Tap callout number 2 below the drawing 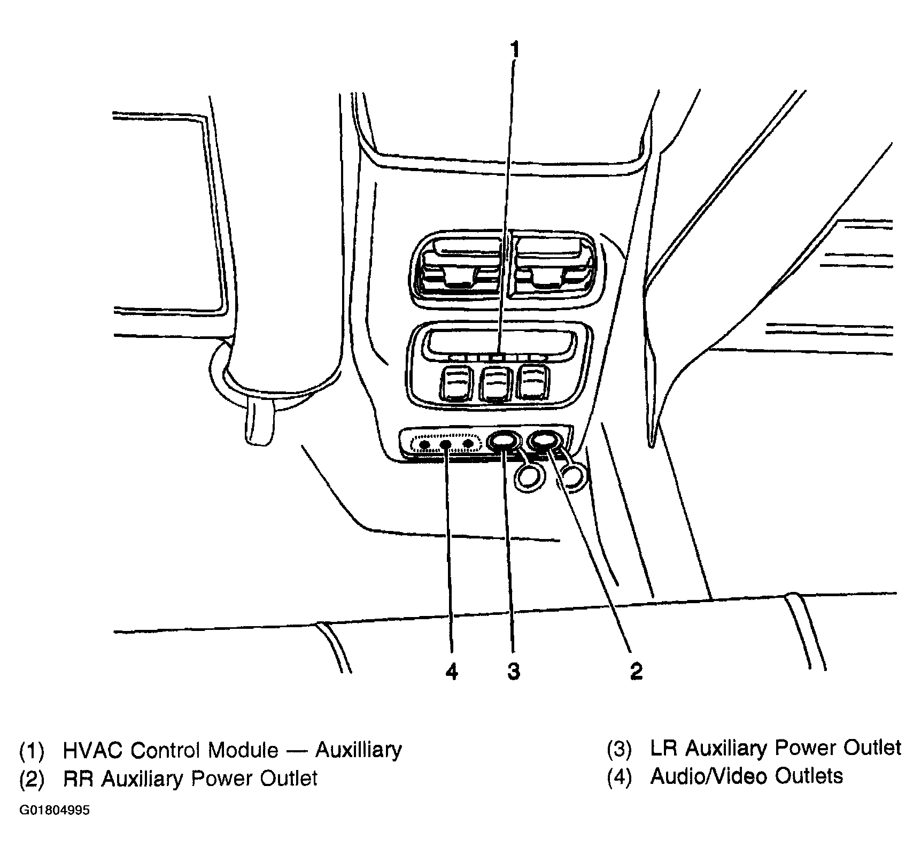636,671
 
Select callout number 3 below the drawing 513,671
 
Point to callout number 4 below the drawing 452,671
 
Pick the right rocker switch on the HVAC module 533,381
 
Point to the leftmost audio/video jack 424,444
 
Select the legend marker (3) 619,749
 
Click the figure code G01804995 55,811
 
